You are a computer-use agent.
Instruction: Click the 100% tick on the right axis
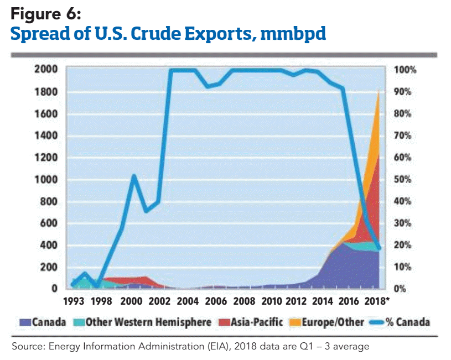pos(405,70)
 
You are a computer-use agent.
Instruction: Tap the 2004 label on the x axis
pos(188,301)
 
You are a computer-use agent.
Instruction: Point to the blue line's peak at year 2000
pos(133,176)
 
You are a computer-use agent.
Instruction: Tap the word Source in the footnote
pos(26,347)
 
